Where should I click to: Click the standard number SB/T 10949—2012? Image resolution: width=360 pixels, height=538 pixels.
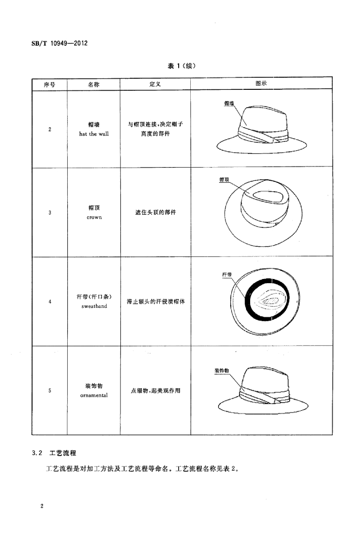[59, 43]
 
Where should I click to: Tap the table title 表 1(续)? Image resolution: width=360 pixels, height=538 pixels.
[181, 66]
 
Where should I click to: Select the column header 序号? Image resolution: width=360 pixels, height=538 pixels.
[49, 85]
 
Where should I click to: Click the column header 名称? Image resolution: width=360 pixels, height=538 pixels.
[94, 85]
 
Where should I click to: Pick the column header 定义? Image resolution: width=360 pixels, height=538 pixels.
[155, 84]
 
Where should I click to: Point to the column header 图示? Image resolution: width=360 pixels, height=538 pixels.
[261, 84]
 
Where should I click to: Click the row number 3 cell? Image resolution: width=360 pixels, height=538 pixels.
[50, 213]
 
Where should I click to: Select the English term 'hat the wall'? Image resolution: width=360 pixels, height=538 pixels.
[94, 134]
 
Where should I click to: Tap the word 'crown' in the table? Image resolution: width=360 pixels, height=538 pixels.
[94, 218]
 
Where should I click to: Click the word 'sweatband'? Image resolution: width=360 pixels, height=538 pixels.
[94, 306]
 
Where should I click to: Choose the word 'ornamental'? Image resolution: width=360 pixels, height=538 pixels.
[94, 395]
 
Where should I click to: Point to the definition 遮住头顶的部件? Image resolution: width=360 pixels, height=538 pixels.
[156, 212]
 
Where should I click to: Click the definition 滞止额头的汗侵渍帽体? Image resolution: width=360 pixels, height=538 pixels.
[156, 302]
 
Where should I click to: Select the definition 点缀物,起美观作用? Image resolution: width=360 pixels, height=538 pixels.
[156, 390]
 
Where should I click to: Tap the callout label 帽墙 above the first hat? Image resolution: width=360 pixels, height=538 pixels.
[229, 103]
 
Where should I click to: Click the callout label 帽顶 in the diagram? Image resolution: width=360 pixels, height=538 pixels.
[224, 180]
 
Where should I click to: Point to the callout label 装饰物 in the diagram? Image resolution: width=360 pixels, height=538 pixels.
[222, 370]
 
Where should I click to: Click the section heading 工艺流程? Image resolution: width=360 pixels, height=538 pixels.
[63, 453]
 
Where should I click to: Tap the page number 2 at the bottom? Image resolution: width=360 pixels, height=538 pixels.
[42, 506]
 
